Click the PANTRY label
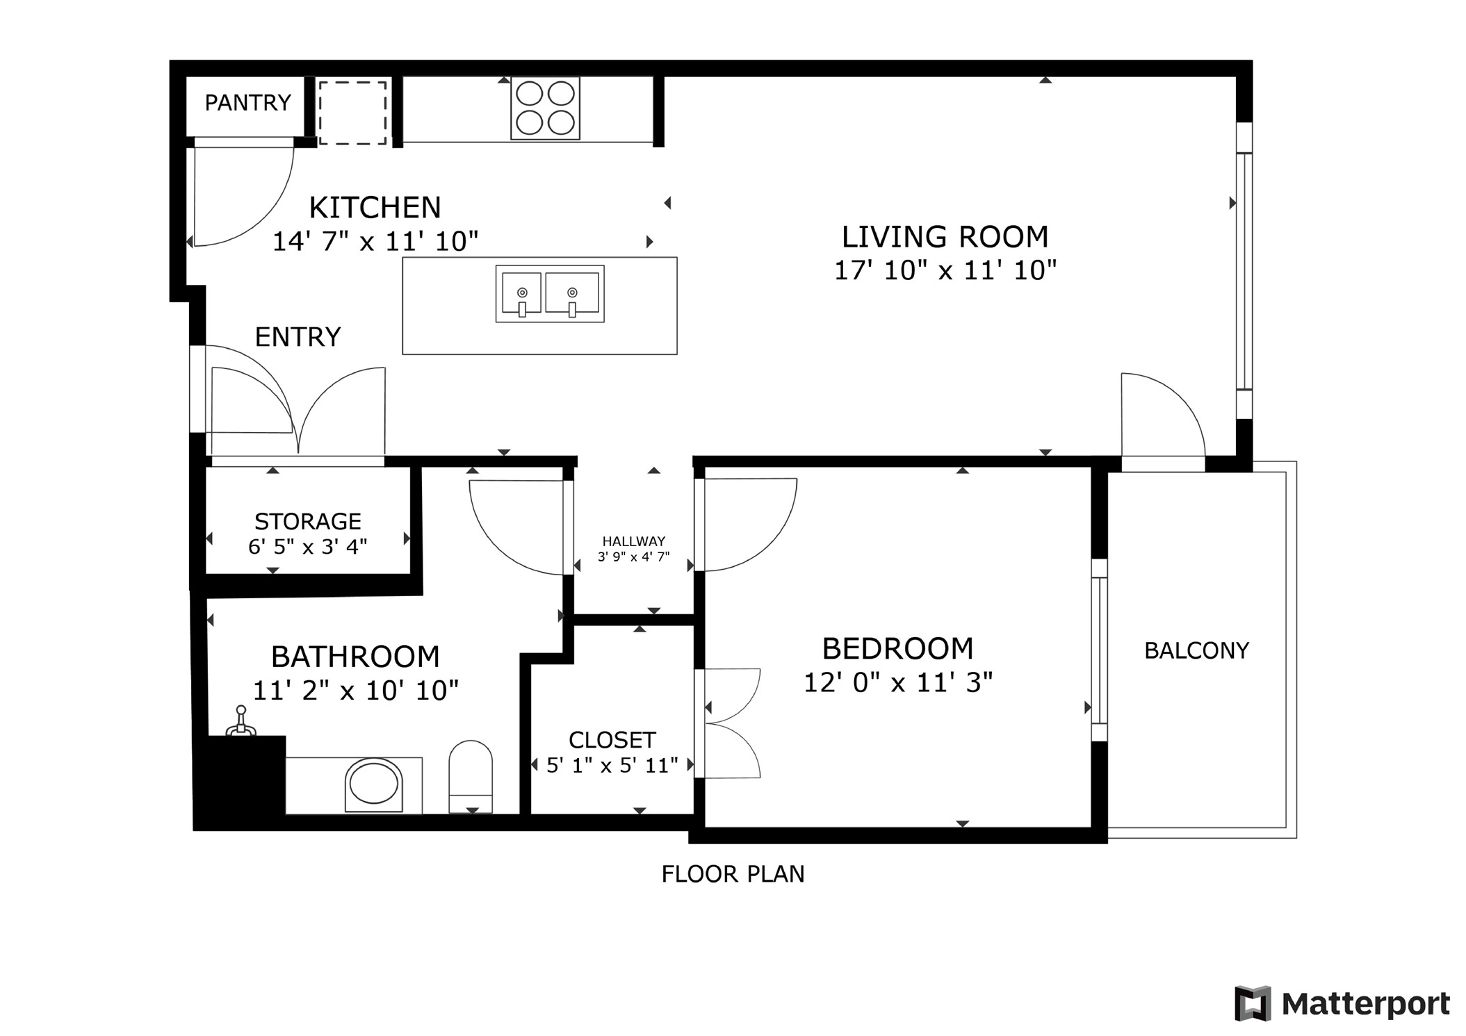coord(247,103)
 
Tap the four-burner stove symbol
coord(545,108)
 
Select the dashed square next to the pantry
coord(352,113)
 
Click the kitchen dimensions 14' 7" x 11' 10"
coord(375,241)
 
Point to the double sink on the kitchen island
coord(549,293)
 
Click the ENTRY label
coord(298,337)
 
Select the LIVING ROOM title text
coord(945,237)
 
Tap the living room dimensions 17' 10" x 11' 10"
coord(945,270)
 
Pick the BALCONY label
coord(1196,650)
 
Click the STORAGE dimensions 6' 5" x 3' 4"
coord(307,547)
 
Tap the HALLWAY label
coord(633,541)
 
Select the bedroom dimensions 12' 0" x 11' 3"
coord(897,682)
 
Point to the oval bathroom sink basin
coord(374,784)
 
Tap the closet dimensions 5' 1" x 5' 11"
coord(612,765)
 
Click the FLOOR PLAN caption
coord(733,873)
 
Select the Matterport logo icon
coord(1253,1003)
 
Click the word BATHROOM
coord(355,657)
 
